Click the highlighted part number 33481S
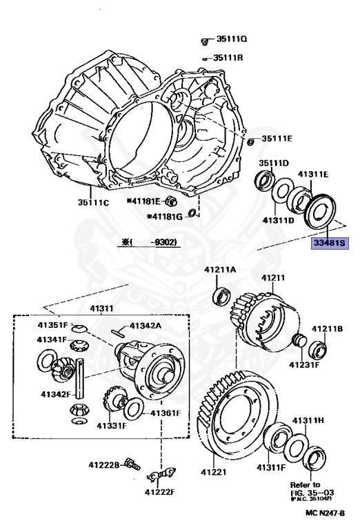point(330,243)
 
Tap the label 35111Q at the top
point(231,39)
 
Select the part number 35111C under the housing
point(94,202)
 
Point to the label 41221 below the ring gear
point(213,472)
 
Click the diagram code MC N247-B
point(326,513)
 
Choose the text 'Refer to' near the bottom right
point(305,484)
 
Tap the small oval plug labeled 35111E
point(250,141)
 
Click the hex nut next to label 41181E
point(171,202)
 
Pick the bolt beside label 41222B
point(132,464)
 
